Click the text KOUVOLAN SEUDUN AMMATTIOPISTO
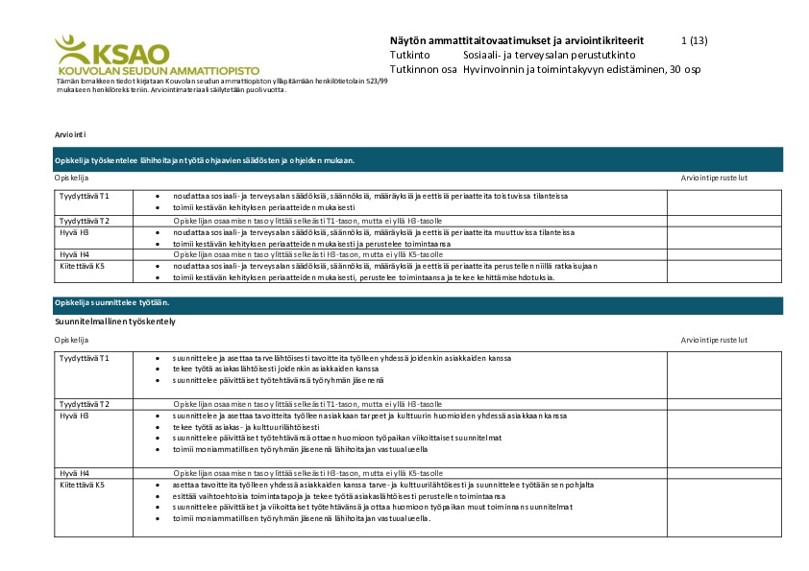point(145,71)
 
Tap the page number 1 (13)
point(693,40)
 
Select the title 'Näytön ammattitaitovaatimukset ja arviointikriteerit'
point(517,40)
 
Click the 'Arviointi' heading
point(71,136)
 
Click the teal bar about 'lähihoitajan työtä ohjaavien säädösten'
point(205,160)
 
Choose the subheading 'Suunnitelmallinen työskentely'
point(114,321)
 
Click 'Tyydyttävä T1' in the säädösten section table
point(85,196)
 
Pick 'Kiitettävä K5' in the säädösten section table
point(83,266)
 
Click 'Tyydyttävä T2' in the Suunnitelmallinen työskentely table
point(85,404)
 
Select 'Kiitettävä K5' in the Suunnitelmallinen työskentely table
point(83,485)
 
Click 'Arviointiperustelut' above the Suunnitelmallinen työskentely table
point(714,340)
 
